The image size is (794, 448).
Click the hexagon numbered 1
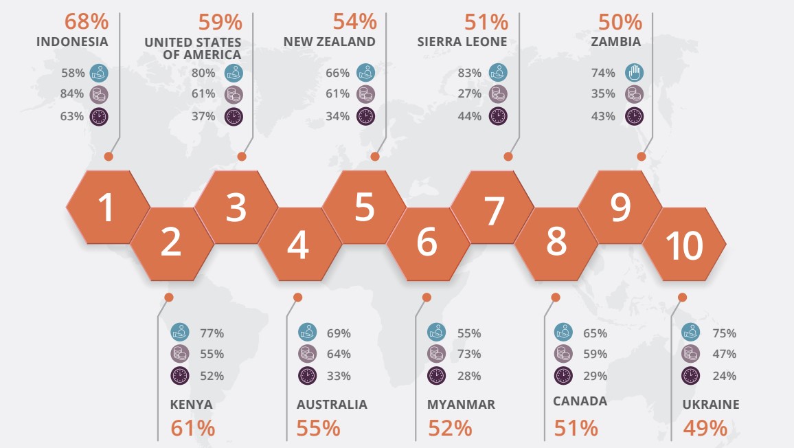point(108,207)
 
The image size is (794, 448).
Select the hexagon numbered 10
point(684,245)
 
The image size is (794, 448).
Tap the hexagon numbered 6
point(427,243)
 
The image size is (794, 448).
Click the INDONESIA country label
point(72,41)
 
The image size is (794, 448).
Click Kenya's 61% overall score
point(193,428)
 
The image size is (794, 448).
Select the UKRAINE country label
point(711,404)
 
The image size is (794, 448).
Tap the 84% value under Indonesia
point(72,93)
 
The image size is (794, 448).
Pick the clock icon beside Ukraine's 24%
point(690,376)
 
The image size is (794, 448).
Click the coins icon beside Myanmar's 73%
point(436,354)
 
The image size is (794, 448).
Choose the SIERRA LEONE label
point(462,41)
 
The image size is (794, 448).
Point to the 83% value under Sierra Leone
point(469,71)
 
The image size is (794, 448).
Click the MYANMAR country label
point(461,404)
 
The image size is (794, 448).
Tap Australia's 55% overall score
point(319,428)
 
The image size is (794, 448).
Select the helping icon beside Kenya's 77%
point(179,333)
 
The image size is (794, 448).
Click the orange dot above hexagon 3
point(242,157)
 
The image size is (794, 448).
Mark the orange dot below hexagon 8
point(556,298)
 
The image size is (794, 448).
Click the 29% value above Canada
point(595,376)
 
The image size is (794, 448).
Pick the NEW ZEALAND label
point(330,41)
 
